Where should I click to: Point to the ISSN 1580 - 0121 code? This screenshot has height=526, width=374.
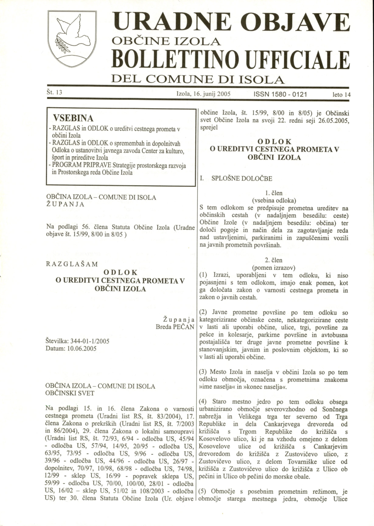(281, 94)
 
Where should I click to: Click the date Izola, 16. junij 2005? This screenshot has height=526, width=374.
(204, 94)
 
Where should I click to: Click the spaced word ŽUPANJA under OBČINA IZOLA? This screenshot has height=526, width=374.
(65, 204)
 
